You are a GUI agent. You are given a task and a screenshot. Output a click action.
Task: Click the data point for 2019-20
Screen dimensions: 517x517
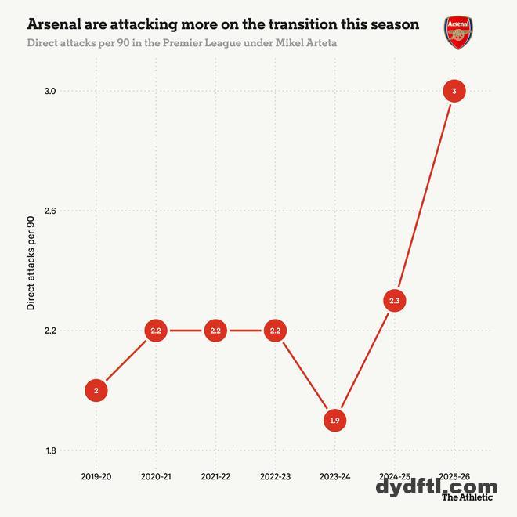coord(96,390)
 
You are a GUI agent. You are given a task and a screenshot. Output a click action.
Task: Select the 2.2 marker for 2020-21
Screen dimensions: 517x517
coord(155,331)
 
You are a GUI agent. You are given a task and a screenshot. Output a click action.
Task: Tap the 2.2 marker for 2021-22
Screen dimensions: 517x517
coord(215,331)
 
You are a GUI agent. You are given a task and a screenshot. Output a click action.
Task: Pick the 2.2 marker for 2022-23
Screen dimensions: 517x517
coord(275,331)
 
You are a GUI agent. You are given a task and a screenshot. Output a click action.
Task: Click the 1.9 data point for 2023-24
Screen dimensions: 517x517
coord(334,421)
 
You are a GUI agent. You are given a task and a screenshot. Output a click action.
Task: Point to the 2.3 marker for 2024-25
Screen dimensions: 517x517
coord(394,301)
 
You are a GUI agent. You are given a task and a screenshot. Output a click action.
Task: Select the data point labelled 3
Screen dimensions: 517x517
coord(454,92)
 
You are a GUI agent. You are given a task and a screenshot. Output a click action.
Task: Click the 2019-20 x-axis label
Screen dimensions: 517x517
coord(96,476)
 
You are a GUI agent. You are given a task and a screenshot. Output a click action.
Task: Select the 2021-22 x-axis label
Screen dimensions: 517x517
coord(215,476)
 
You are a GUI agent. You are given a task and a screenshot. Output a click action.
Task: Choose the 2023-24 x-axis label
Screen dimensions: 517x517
coord(334,476)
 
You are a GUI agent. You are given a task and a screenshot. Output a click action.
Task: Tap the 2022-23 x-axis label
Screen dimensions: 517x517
coord(275,476)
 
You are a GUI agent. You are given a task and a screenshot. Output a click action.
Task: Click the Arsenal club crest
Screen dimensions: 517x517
coord(458,33)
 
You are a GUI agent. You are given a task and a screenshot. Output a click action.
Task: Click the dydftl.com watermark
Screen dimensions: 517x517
coord(436,486)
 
